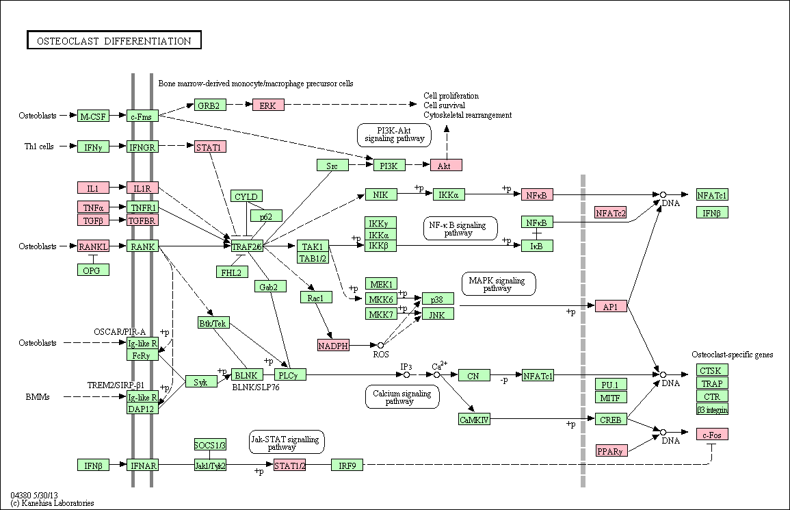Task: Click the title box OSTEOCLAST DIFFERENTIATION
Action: (x=114, y=40)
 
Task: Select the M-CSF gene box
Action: (x=93, y=116)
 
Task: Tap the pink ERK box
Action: (x=268, y=105)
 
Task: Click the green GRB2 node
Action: (x=209, y=105)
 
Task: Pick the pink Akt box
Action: (x=446, y=165)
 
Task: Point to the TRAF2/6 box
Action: (x=247, y=246)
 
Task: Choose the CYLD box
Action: (x=246, y=196)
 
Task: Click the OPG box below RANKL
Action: (x=93, y=270)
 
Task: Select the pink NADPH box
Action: (x=333, y=345)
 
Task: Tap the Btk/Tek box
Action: (x=213, y=322)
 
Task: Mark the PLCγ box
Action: (x=290, y=375)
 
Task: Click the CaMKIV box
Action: (x=474, y=419)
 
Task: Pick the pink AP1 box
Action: (x=611, y=306)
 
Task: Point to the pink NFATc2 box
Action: (x=611, y=212)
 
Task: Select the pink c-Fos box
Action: (x=713, y=434)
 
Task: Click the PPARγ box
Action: (x=611, y=450)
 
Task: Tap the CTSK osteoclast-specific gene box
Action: (x=713, y=370)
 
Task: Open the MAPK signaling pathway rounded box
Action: (x=499, y=284)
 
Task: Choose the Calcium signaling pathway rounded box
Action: (x=402, y=397)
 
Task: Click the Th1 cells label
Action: (x=39, y=146)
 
